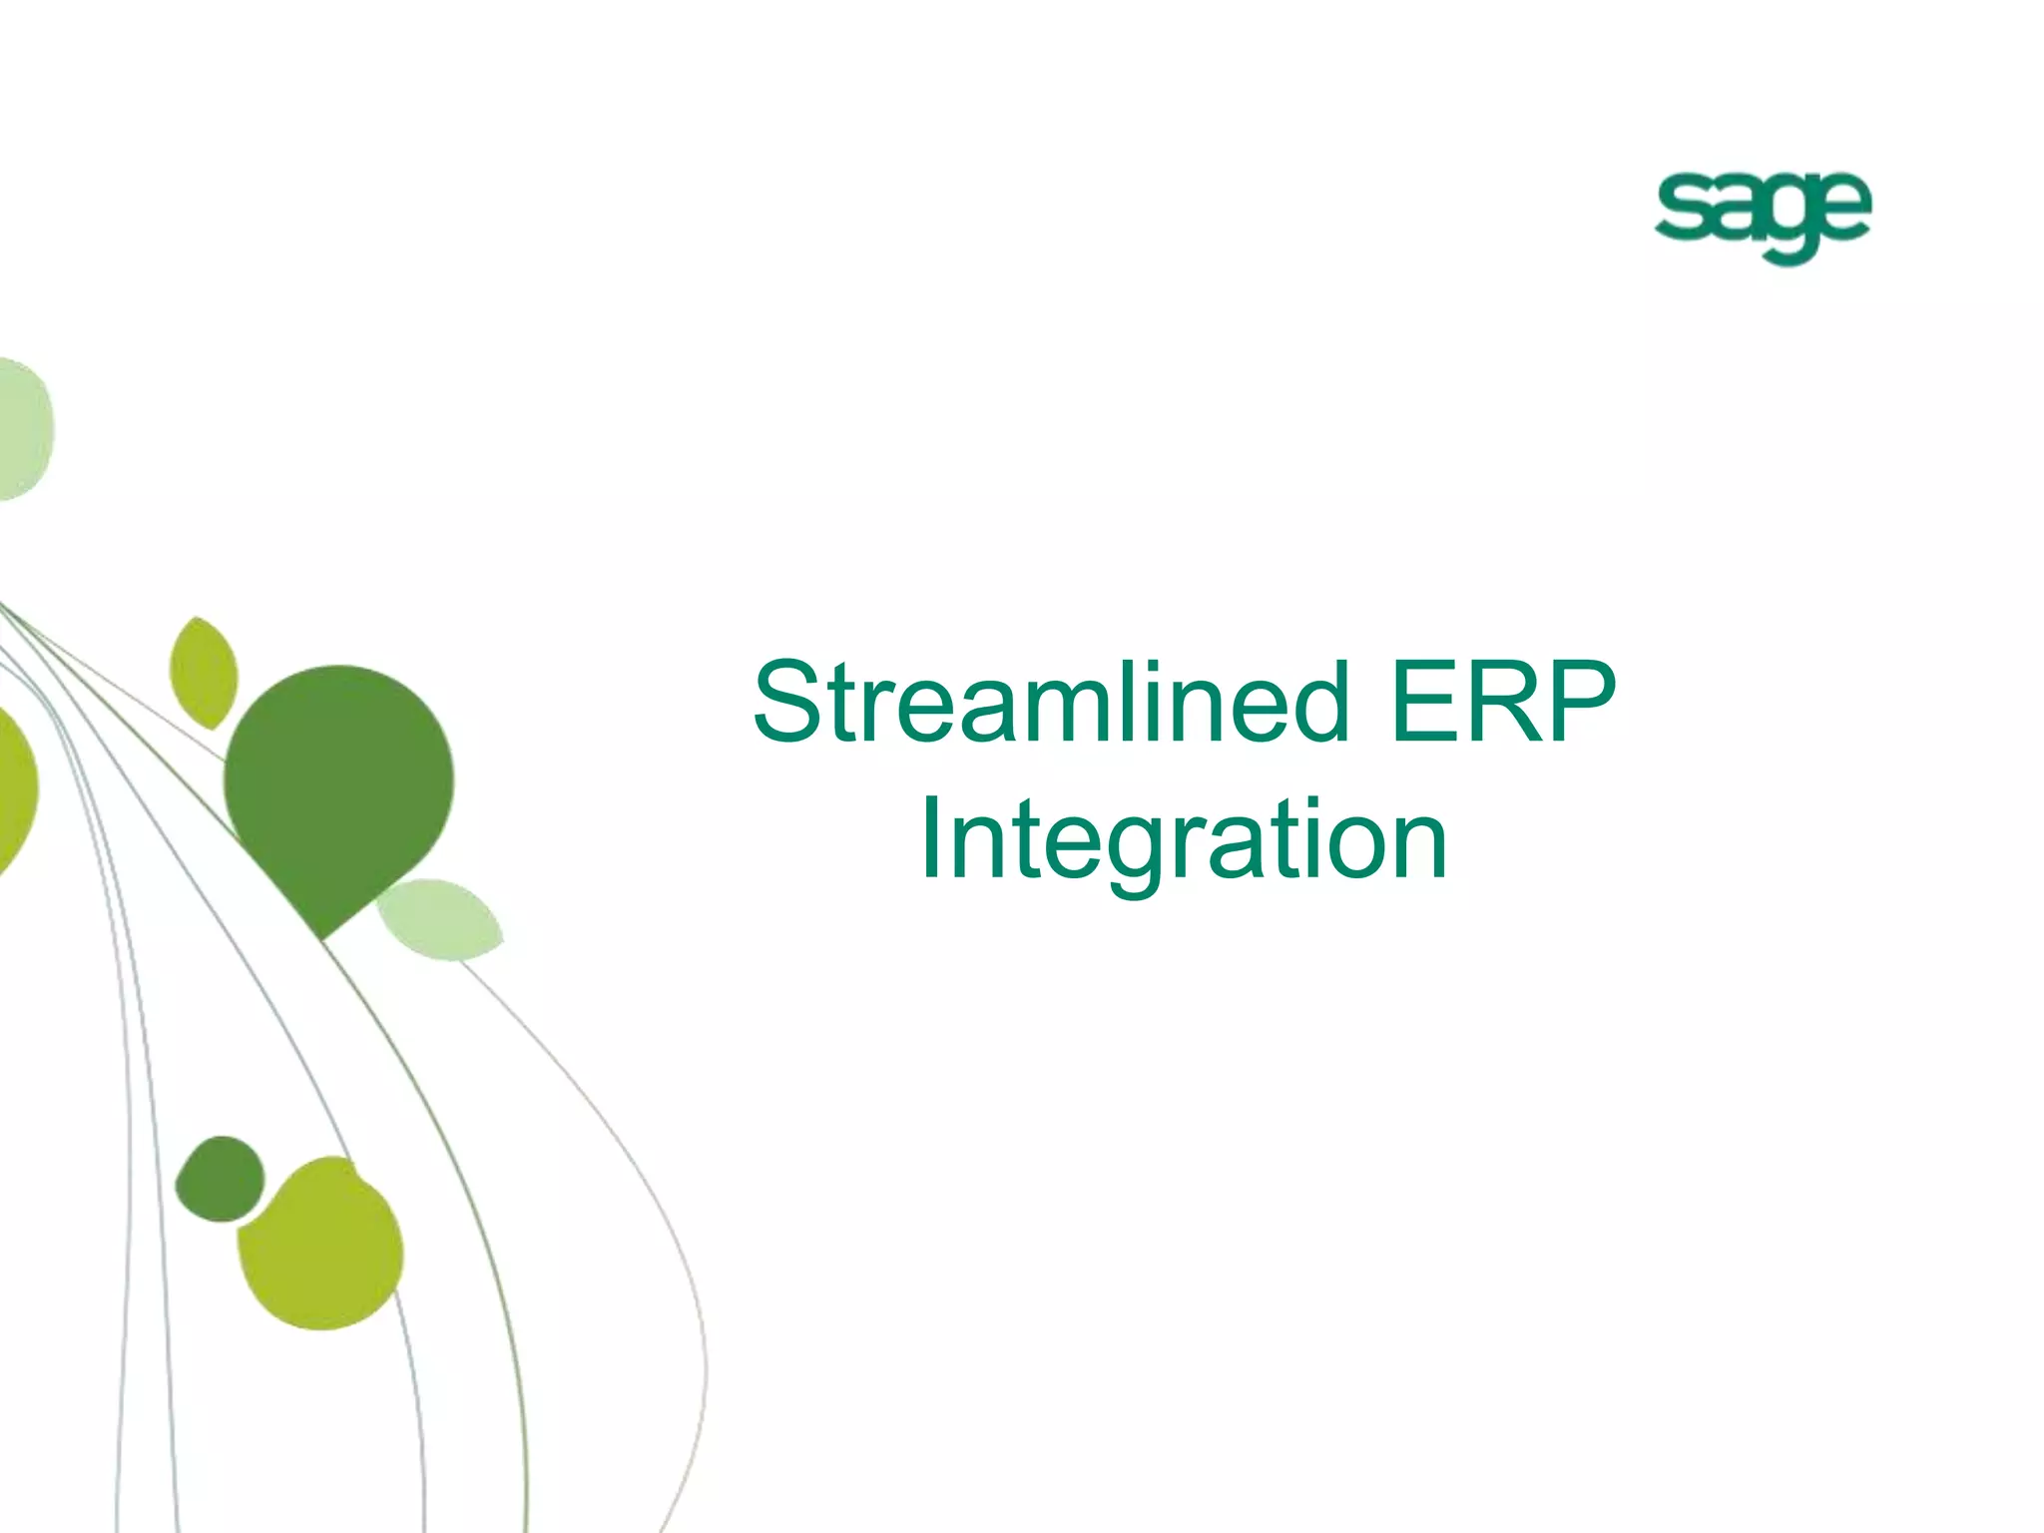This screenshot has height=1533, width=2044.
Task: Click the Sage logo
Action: pos(1762,218)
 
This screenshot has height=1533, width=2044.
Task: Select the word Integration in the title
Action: pos(1183,841)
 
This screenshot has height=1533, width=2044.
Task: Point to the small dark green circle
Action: pos(220,1179)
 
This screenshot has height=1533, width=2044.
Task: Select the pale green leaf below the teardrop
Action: pos(439,919)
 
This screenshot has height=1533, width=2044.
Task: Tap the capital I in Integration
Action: pos(929,841)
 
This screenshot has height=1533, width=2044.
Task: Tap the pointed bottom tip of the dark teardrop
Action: pos(321,936)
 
